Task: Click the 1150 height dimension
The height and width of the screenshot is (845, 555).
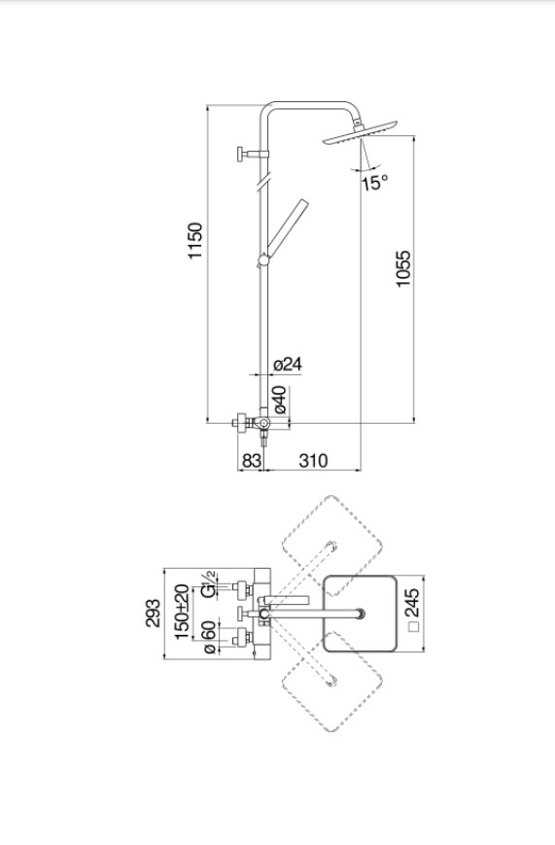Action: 195,240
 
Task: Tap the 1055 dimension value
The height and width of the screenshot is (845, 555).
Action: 403,268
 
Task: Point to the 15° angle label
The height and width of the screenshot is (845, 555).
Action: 374,183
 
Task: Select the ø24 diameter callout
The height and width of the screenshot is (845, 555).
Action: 288,365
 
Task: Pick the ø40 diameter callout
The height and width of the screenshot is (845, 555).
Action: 280,400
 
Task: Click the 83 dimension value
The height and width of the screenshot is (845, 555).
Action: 252,461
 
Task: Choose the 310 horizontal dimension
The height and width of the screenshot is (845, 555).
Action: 313,461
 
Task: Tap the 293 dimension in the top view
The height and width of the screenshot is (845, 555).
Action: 153,613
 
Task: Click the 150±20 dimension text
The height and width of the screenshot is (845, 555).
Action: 182,612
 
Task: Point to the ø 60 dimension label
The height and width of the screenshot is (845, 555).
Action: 209,637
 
